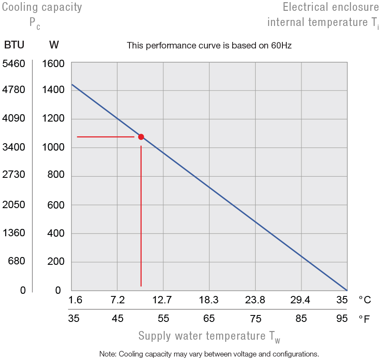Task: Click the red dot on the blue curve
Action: tap(141, 137)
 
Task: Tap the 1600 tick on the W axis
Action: tap(53, 64)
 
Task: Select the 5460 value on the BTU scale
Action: tap(14, 64)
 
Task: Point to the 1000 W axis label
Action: tap(53, 147)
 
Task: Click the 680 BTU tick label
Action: tap(16, 261)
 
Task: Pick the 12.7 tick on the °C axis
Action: tap(163, 299)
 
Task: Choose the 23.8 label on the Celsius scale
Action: tap(255, 299)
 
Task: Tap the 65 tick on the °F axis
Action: tap(209, 319)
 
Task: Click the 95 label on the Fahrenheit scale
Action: tap(342, 319)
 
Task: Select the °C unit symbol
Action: tap(365, 299)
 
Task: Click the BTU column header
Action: tap(14, 45)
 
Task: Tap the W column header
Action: tap(54, 45)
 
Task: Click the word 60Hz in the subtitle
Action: tap(281, 45)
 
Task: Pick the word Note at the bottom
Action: tap(107, 354)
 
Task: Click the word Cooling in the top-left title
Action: tap(19, 7)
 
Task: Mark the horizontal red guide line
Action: tap(105, 137)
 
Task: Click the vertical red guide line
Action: tap(141, 216)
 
